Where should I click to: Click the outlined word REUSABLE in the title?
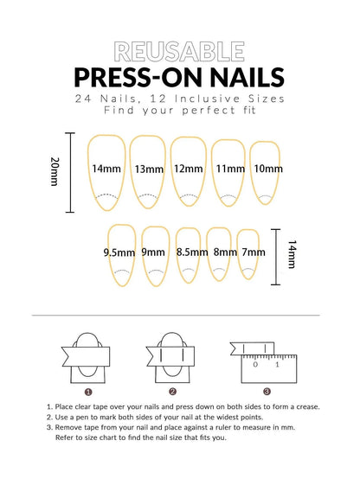coord(180,50)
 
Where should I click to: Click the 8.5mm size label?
coord(190,252)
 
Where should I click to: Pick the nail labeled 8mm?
coord(223,252)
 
